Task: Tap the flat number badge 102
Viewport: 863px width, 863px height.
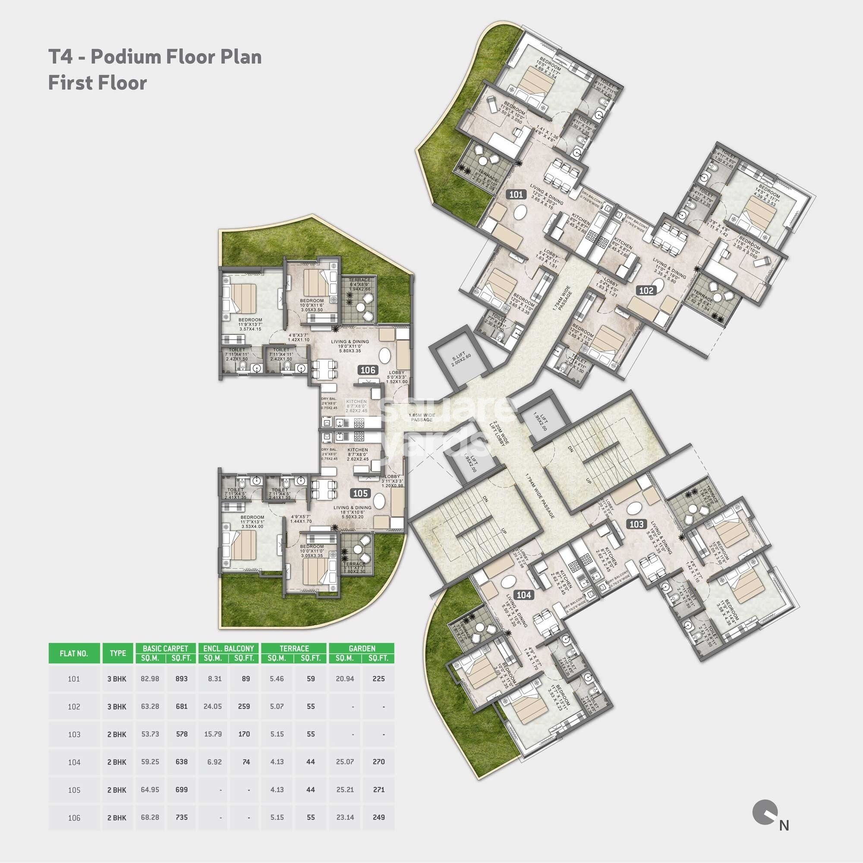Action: [x=646, y=291]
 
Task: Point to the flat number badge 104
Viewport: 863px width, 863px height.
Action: [x=523, y=595]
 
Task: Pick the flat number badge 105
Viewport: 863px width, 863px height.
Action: [x=360, y=493]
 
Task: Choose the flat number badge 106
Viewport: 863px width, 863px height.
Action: [x=368, y=370]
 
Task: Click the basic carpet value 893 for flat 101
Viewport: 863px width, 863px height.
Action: [x=181, y=679]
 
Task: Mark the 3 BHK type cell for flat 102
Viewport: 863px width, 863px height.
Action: [x=117, y=707]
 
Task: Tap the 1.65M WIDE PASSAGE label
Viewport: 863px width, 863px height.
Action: [x=421, y=418]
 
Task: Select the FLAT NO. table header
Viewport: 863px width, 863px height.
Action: [x=74, y=653]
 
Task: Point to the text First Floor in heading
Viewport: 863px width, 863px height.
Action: [x=98, y=83]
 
